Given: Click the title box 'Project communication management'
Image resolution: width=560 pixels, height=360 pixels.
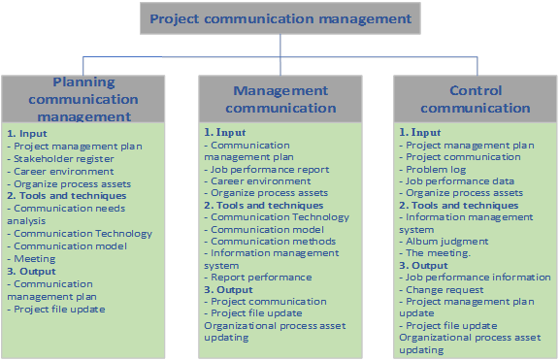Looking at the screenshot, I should pyautogui.click(x=280, y=18).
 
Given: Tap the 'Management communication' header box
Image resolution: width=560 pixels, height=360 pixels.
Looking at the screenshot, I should pyautogui.click(x=280, y=98).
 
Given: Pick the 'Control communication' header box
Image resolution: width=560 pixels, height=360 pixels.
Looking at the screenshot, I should pyautogui.click(x=476, y=99).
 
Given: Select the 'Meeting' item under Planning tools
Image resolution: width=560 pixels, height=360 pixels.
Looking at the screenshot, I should pyautogui.click(x=35, y=259).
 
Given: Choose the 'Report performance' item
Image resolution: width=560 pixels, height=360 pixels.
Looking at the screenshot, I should pyautogui.click(x=261, y=277).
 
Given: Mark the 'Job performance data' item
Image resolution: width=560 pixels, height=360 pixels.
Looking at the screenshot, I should pyautogui.click(x=460, y=180).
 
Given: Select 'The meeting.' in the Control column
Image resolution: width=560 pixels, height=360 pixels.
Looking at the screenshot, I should pyautogui.click(x=438, y=253).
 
